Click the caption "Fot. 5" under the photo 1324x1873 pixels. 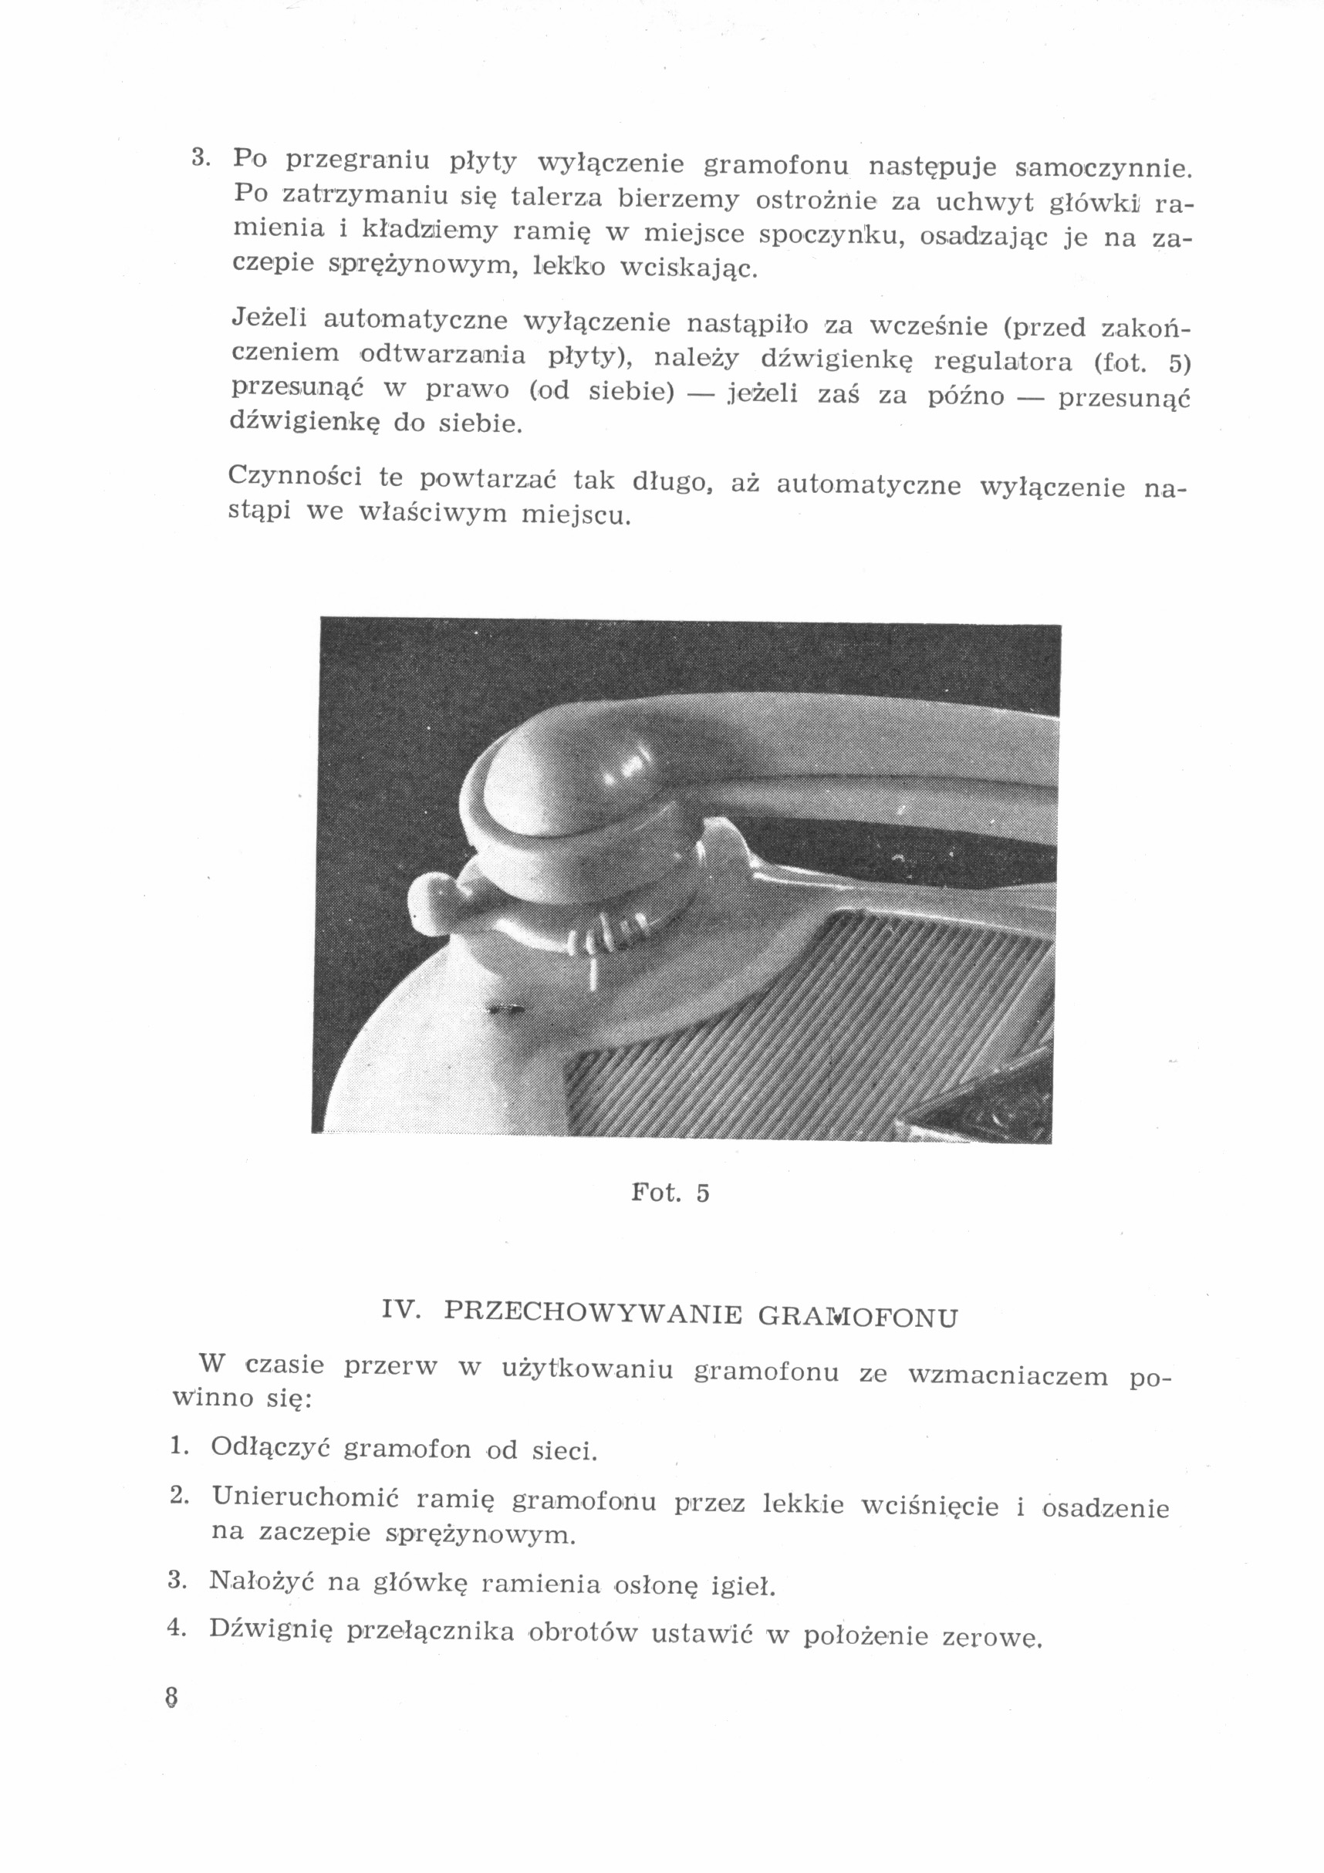[670, 1193]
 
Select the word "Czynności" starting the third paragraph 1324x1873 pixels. [296, 476]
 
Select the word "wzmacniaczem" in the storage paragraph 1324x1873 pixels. [1008, 1377]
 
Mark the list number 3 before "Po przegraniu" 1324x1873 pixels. [200, 157]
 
